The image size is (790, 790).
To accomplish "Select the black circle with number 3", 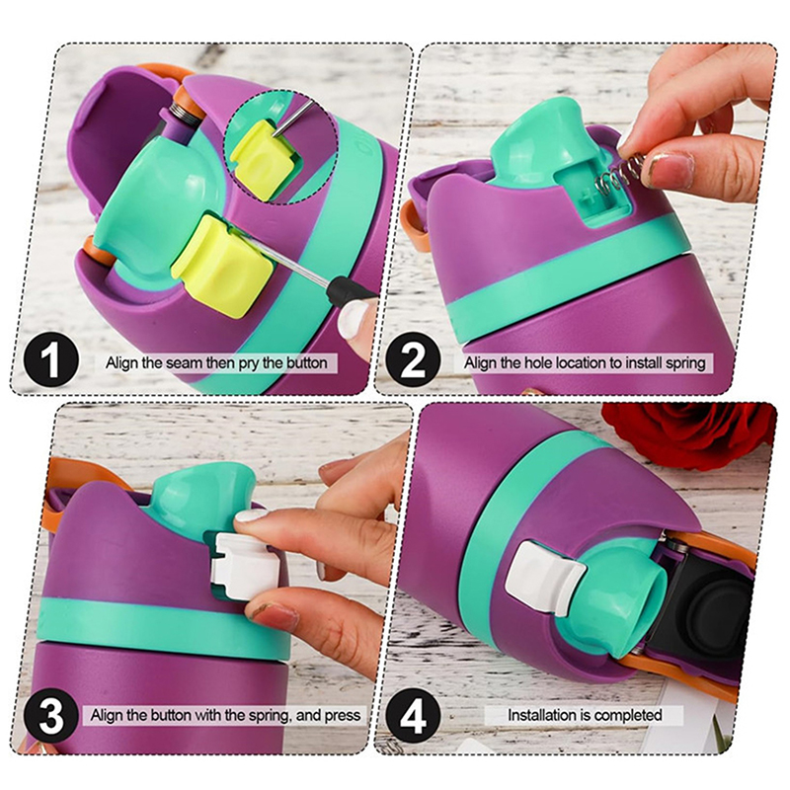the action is point(51,714).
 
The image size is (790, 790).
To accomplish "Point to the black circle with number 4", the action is point(413,714).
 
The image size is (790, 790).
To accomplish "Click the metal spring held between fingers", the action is point(616,176).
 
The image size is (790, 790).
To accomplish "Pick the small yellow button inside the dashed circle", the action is point(262,156).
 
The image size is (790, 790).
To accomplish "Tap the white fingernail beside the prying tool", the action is point(353,319).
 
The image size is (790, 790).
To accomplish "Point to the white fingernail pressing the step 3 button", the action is point(251,515).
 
